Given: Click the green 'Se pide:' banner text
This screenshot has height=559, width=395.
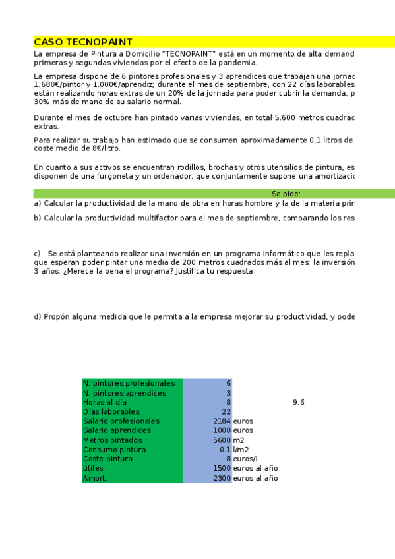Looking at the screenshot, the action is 286,194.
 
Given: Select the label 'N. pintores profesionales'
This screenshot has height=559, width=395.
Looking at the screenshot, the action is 129,383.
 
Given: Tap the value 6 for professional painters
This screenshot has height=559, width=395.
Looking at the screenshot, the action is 228,383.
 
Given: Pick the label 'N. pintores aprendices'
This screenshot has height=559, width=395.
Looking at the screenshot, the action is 124,393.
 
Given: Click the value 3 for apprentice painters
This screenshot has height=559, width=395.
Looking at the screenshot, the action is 228,393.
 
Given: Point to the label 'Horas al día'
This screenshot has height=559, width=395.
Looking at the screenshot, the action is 105,402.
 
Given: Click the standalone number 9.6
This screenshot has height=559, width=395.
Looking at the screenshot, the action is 298,402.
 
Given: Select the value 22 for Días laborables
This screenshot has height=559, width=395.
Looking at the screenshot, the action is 226,411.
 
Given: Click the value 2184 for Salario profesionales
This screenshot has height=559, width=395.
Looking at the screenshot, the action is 222,421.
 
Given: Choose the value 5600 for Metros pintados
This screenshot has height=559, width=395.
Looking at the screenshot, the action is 222,440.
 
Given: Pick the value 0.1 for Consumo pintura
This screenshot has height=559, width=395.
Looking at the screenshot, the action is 225,450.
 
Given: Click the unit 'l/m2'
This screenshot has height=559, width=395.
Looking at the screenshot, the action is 241,450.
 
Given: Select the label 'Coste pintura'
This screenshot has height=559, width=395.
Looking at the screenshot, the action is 107,459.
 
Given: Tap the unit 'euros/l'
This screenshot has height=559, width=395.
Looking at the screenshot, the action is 245,459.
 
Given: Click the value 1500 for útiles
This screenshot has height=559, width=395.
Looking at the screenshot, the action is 222,468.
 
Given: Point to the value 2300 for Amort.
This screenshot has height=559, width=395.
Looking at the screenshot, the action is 222,478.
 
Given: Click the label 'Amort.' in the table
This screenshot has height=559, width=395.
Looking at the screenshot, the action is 95,478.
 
